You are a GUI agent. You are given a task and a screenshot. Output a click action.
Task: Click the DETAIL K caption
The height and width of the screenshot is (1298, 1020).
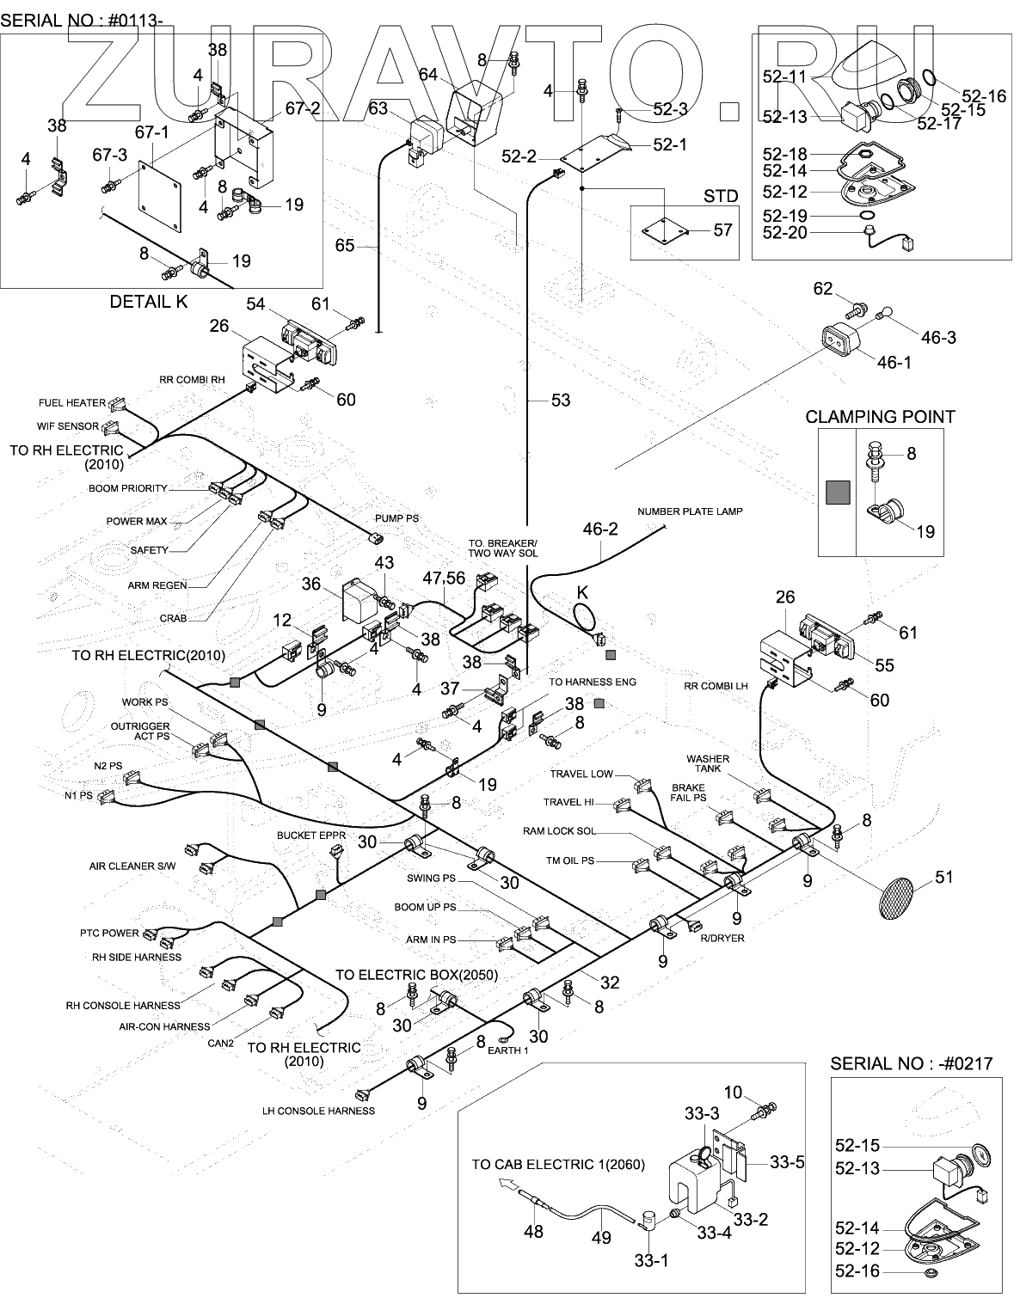148,302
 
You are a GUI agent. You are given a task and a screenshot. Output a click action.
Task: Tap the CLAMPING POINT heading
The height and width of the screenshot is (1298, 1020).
880,417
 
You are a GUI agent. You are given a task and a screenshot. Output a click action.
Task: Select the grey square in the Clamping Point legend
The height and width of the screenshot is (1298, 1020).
838,493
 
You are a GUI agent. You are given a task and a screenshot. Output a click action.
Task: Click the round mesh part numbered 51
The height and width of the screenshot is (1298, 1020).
898,897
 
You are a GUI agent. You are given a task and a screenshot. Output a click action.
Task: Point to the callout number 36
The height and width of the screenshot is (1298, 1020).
310,585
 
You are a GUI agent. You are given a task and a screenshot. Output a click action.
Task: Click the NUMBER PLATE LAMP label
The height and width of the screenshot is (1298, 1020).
690,511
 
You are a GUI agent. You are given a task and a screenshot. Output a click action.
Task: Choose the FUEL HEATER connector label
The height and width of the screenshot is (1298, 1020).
72,403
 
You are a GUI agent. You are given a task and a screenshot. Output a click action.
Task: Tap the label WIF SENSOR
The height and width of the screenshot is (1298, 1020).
68,426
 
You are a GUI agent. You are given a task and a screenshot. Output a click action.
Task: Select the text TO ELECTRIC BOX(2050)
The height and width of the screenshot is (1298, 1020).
416,975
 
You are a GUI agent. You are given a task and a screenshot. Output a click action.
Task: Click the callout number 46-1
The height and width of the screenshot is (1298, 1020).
894,362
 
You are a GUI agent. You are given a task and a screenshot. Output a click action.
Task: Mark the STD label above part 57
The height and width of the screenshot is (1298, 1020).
720,196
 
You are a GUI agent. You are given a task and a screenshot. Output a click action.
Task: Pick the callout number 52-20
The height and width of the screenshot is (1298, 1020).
784,232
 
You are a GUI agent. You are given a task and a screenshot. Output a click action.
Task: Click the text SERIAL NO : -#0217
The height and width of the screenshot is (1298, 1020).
911,1064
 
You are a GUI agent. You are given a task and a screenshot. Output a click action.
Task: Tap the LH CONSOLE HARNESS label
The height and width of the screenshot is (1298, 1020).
318,1111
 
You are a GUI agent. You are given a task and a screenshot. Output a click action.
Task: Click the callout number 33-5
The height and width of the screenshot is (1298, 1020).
787,1162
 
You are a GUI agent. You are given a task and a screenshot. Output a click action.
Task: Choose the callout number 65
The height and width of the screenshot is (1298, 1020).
345,246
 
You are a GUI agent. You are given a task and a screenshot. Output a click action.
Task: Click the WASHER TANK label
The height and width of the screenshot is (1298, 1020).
708,763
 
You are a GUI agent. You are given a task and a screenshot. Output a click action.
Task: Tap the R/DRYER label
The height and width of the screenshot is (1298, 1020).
722,938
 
